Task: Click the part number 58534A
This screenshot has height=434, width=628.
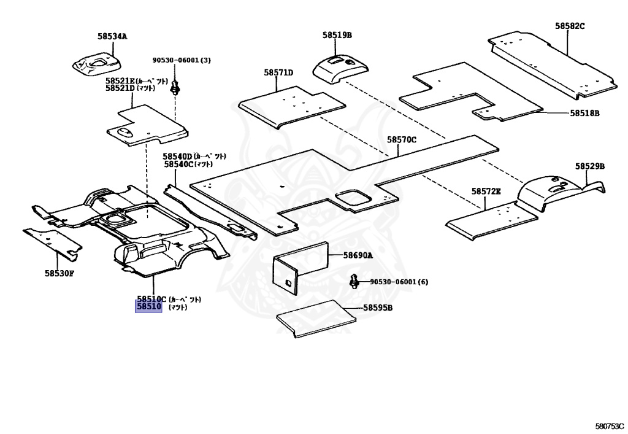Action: pyautogui.click(x=112, y=36)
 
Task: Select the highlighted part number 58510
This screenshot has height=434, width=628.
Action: pyautogui.click(x=148, y=306)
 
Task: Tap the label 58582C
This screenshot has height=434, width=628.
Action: pyautogui.click(x=570, y=26)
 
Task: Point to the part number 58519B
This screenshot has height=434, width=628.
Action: pyautogui.click(x=337, y=35)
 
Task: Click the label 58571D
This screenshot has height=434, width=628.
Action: pyautogui.click(x=278, y=72)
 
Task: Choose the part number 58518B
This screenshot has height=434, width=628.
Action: pyautogui.click(x=584, y=113)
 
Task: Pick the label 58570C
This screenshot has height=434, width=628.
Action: pyautogui.click(x=402, y=140)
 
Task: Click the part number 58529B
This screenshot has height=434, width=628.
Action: pyautogui.click(x=589, y=166)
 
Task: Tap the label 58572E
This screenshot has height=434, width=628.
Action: pyautogui.click(x=486, y=192)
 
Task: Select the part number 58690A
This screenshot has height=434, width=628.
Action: pyautogui.click(x=358, y=255)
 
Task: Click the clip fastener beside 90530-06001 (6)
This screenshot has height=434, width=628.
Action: pyautogui.click(x=354, y=282)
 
